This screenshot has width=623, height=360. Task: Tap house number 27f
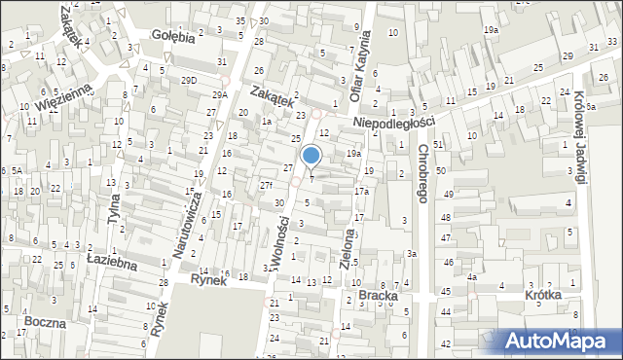pos(265,185)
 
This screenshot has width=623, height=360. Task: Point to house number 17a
pos(361,192)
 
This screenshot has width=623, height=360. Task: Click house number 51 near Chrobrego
pos(438,144)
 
